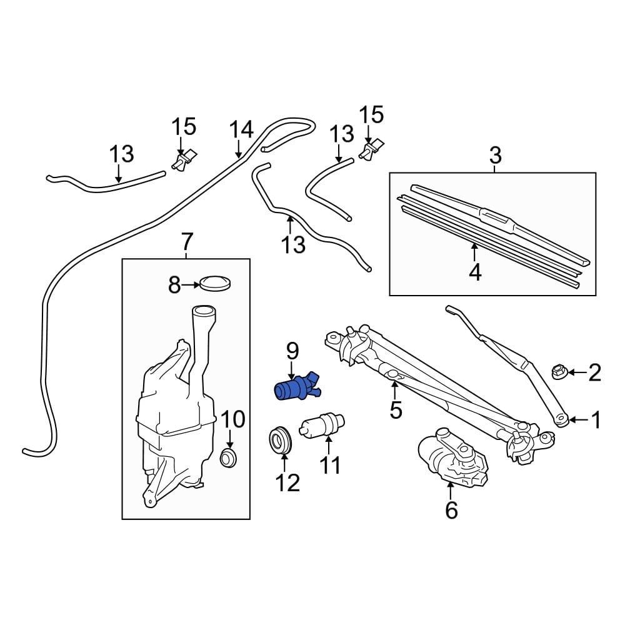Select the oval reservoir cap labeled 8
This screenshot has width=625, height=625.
point(215,283)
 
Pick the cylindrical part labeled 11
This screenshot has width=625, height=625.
point(322,429)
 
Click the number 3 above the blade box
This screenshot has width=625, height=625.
point(494,154)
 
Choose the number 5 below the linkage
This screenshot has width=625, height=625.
point(395,410)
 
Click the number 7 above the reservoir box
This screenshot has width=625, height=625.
point(187,241)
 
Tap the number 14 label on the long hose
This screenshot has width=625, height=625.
point(241,130)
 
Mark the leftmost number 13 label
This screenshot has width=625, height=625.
point(121,154)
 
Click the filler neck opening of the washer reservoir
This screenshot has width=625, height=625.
point(203,311)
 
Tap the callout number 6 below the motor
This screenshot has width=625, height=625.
point(451,510)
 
